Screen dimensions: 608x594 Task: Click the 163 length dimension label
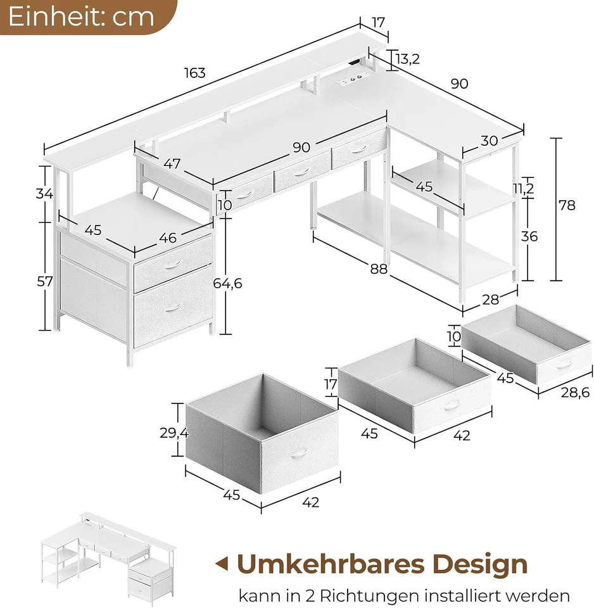pyautogui.click(x=195, y=73)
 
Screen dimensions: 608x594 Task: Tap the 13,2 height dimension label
pyautogui.click(x=407, y=59)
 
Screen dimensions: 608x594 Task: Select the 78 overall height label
pyautogui.click(x=567, y=205)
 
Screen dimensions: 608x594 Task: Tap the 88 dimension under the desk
pyautogui.click(x=378, y=269)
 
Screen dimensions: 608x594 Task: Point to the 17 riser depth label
pyautogui.click(x=378, y=23)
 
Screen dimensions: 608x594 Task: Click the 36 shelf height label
pyautogui.click(x=529, y=236)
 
